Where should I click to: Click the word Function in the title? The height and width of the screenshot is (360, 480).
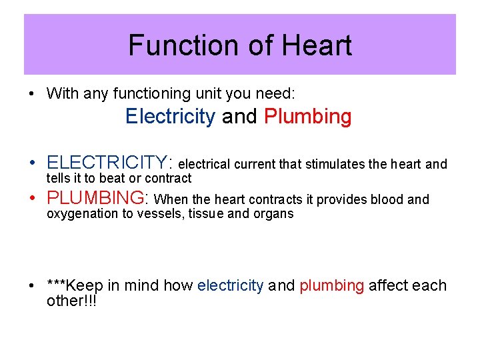pos(169,46)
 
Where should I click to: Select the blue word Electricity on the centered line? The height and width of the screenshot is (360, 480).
pos(170,117)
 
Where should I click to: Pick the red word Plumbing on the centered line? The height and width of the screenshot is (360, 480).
pos(308,117)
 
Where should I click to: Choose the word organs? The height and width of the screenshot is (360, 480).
pos(274,214)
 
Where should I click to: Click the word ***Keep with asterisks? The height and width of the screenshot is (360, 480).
pos(75,285)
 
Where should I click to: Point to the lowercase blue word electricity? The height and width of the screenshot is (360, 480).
pos(231,285)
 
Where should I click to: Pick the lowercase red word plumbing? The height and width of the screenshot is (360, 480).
pos(331,286)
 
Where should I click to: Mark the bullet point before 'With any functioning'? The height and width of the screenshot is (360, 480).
pos(32,94)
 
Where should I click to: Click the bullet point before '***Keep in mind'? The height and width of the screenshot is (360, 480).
pos(32,286)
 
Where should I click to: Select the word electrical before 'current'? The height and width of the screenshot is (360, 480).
pos(205,164)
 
